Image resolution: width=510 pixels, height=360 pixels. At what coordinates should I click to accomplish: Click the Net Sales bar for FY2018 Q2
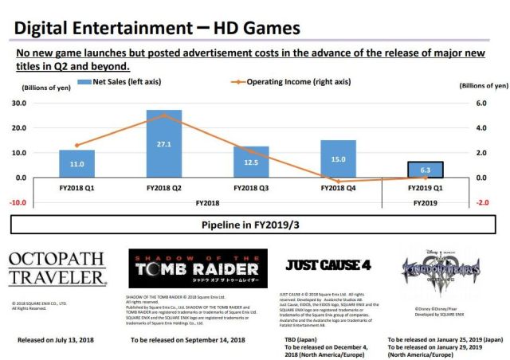[x=163, y=143]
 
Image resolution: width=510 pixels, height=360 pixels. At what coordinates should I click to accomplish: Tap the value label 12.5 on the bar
[x=251, y=162]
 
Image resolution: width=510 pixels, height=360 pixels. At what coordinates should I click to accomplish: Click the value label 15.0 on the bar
[x=338, y=159]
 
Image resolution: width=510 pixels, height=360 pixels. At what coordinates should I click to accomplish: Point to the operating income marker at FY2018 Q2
[x=164, y=115]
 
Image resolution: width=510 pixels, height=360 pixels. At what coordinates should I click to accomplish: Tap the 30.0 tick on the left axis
[x=18, y=104]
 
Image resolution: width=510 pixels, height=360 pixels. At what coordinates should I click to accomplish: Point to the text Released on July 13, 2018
[x=57, y=339]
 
